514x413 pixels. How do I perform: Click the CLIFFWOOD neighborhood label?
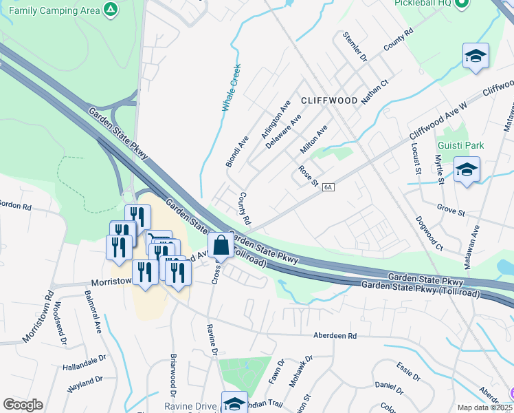pos(329,100)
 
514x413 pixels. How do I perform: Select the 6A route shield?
pos(328,187)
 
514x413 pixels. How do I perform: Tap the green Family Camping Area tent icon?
pos(109,9)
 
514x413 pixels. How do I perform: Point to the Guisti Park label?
pos(460,145)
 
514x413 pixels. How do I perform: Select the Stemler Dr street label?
pos(355,46)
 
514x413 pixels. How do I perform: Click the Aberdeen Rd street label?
pos(335,335)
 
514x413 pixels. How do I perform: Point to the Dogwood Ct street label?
pos(429,233)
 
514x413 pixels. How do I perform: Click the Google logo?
pos(23,405)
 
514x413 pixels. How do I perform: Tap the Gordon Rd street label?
pos(16,206)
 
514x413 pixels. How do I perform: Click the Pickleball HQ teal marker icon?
pos(462,3)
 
